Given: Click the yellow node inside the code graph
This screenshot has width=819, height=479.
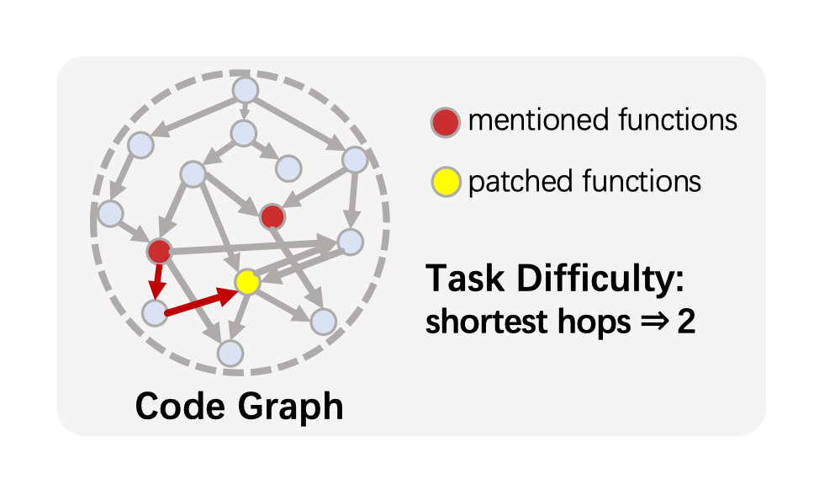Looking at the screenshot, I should [246, 283].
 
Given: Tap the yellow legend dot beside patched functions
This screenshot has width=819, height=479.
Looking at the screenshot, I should [446, 181].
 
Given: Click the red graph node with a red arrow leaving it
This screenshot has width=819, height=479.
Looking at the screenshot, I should [159, 250].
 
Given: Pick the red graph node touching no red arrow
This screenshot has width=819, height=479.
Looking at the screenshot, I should [272, 216].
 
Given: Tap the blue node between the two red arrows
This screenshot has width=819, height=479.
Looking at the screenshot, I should [155, 313].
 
